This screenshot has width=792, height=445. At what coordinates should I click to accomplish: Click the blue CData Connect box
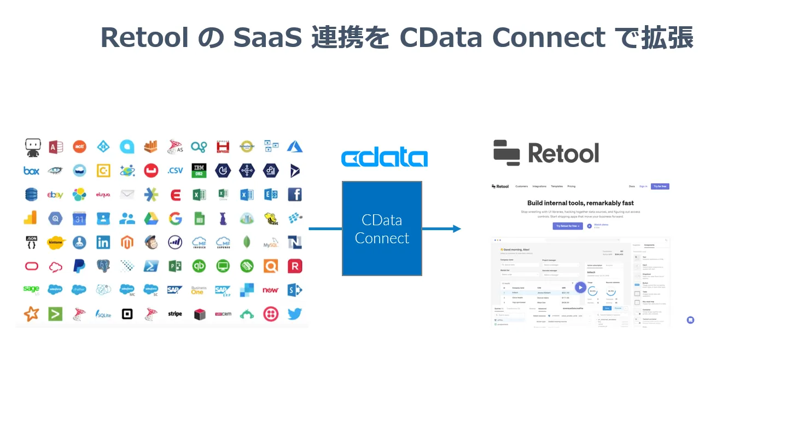click(382, 229)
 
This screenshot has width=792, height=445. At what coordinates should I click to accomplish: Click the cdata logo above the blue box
click(384, 157)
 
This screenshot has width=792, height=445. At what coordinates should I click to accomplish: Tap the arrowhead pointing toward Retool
click(456, 229)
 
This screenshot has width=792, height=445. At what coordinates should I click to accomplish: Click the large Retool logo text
click(563, 153)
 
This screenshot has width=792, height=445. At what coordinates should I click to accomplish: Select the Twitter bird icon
click(294, 314)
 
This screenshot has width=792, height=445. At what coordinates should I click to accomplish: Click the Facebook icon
click(295, 194)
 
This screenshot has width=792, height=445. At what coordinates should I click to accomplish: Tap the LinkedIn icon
click(103, 242)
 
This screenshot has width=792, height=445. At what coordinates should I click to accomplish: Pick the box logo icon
click(31, 171)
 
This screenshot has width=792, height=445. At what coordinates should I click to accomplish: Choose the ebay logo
click(55, 195)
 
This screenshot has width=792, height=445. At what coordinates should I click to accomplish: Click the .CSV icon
click(175, 171)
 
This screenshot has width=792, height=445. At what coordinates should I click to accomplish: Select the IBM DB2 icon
click(199, 171)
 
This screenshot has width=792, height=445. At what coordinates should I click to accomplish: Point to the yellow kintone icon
click(56, 242)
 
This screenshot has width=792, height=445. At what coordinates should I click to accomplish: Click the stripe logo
click(175, 314)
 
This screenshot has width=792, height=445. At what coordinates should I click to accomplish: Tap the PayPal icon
click(79, 266)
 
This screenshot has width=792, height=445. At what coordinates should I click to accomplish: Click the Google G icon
click(175, 219)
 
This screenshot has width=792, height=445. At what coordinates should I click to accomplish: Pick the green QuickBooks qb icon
click(199, 266)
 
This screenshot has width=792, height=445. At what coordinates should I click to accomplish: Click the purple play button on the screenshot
click(580, 287)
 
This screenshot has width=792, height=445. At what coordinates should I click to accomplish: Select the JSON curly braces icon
click(31, 242)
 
